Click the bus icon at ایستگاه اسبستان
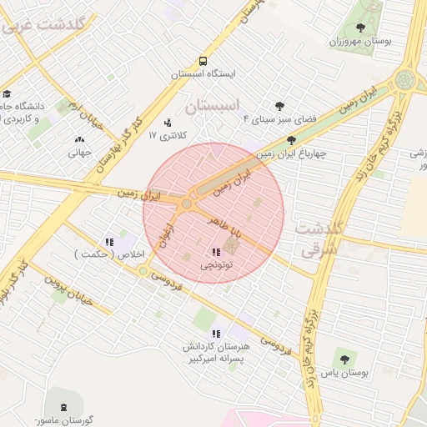[203, 62]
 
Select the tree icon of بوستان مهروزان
[359, 28]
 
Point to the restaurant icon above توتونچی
[216, 252]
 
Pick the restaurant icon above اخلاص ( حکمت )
[109, 242]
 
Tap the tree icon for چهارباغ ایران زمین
[290, 141]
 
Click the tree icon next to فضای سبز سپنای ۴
[279, 107]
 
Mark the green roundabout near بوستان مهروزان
[405, 80]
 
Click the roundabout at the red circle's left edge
[187, 203]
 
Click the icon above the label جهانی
[79, 140]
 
